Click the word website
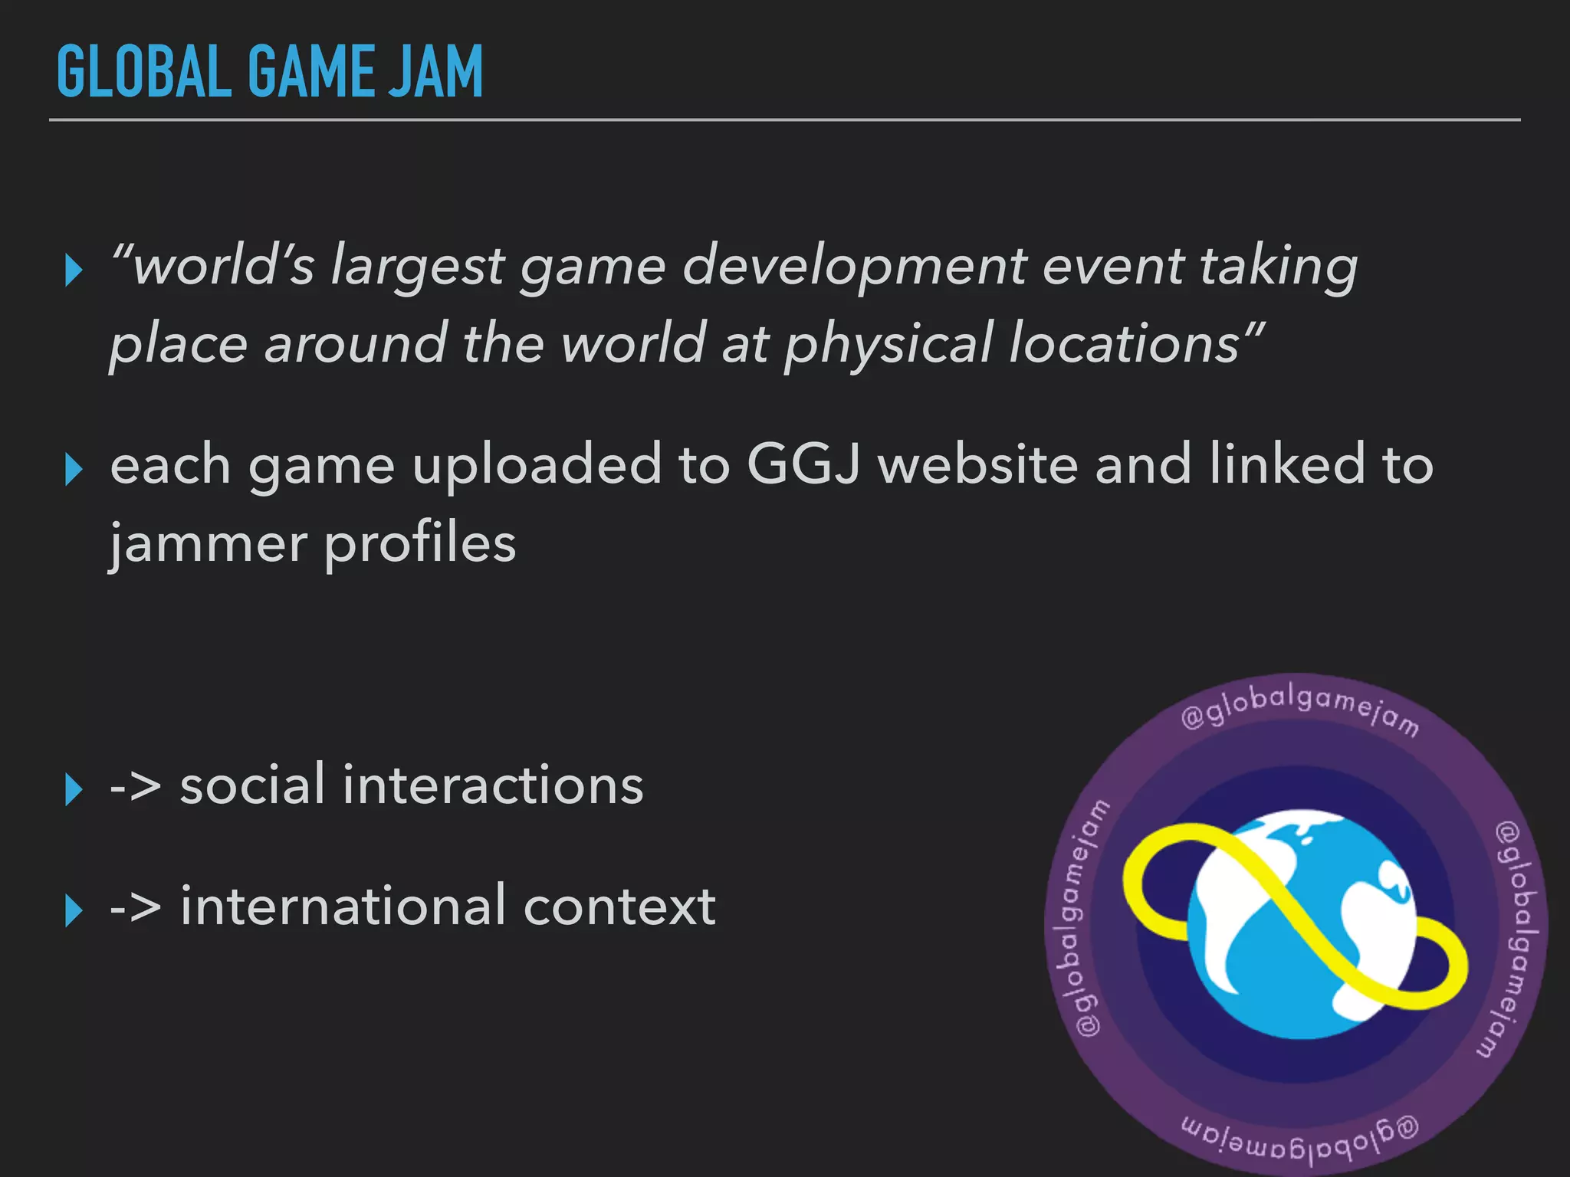tap(978, 464)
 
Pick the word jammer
tap(208, 544)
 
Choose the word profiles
tap(420, 544)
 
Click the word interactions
tap(493, 785)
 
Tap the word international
tap(343, 906)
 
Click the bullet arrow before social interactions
tap(74, 789)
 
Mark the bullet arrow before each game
tap(74, 469)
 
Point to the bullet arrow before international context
tap(74, 910)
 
